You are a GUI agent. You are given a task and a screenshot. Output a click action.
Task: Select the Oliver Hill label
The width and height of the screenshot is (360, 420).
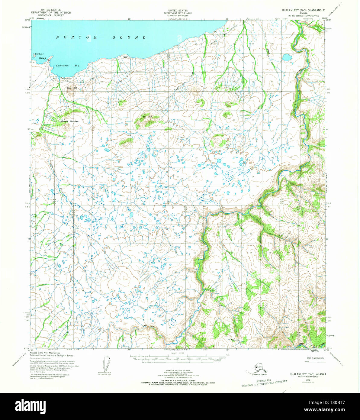[x=72, y=88]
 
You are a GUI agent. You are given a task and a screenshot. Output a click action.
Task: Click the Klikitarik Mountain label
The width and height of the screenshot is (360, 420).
[x=69, y=121]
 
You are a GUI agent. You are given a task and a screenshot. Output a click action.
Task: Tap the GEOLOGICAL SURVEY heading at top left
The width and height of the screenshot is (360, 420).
[x=51, y=15]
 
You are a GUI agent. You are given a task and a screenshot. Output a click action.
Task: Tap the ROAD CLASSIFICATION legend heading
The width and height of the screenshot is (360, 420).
[x=315, y=358]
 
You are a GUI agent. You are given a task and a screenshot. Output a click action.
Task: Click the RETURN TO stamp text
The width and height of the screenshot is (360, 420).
[x=264, y=382]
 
